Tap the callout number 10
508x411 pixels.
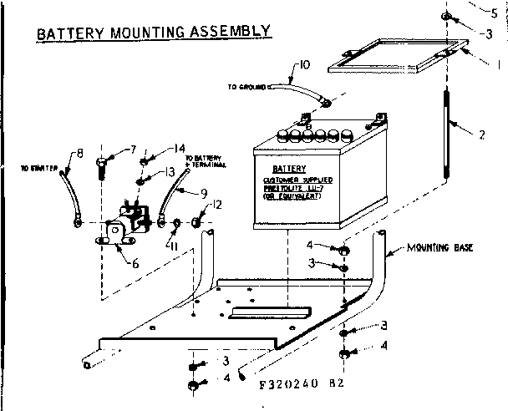click(x=303, y=63)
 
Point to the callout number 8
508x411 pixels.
click(x=80, y=153)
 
